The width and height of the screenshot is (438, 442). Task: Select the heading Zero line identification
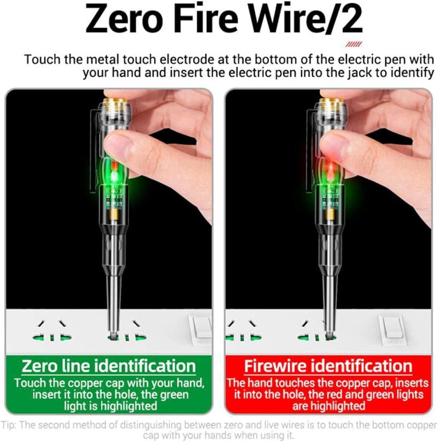tap(109, 366)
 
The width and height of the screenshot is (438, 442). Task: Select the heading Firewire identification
tap(328, 366)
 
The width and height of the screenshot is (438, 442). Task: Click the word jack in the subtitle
tap(357, 73)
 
